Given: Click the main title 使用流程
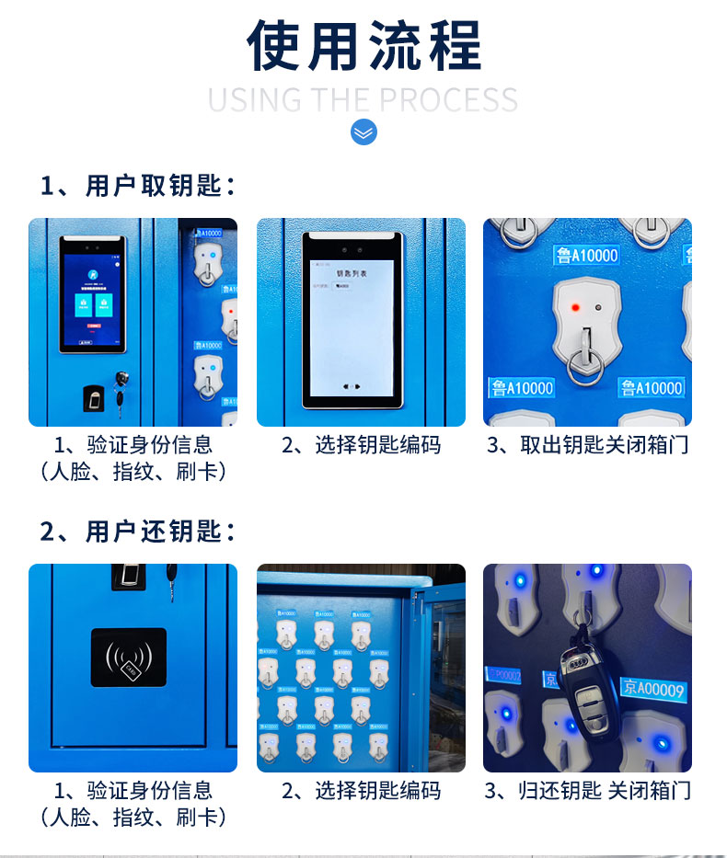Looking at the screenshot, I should point(363,46).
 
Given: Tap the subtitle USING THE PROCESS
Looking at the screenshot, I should point(363,99).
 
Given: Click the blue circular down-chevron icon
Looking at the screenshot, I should point(363,132).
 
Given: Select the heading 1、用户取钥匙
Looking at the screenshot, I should point(138,186).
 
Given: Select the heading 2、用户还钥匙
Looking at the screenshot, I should point(138,532).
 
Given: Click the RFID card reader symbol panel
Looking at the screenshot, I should point(129,657).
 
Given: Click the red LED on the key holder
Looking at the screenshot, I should point(575,307).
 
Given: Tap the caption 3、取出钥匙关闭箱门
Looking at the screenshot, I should point(588,446).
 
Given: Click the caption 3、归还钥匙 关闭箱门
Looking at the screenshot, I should point(588,791).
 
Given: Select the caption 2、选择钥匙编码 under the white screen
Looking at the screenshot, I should point(361,446).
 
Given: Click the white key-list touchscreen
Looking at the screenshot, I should point(352,320).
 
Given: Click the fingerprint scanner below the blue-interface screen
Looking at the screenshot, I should point(93,399).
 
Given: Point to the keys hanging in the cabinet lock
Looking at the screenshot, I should point(121,390).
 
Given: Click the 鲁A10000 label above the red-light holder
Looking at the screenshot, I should point(586,255).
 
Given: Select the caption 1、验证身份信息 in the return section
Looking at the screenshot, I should point(133,791).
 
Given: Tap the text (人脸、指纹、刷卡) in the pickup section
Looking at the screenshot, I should point(133,472).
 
